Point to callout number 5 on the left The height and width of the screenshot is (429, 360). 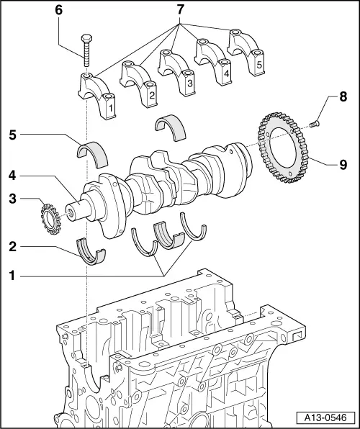pos(13,134)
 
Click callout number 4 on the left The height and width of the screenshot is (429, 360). pos(13,175)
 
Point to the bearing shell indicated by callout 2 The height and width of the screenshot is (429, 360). pos(91,251)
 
